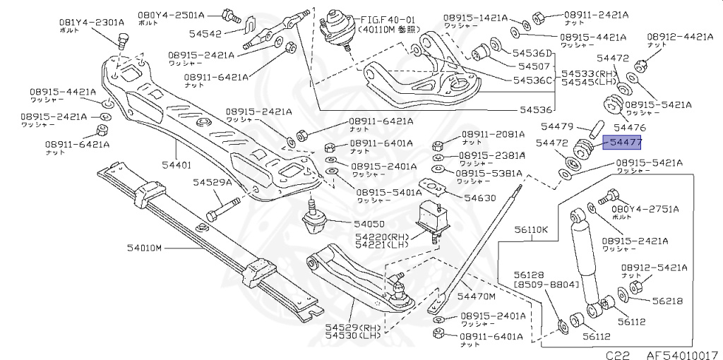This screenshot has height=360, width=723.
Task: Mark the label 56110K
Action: (532, 230)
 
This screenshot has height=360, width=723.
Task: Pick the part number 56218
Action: (667, 301)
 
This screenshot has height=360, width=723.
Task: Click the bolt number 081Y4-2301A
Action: (88, 21)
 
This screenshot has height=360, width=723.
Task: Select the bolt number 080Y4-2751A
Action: (645, 209)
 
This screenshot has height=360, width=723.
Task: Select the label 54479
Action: (557, 126)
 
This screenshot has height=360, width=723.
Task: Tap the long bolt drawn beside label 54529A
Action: (225, 210)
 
